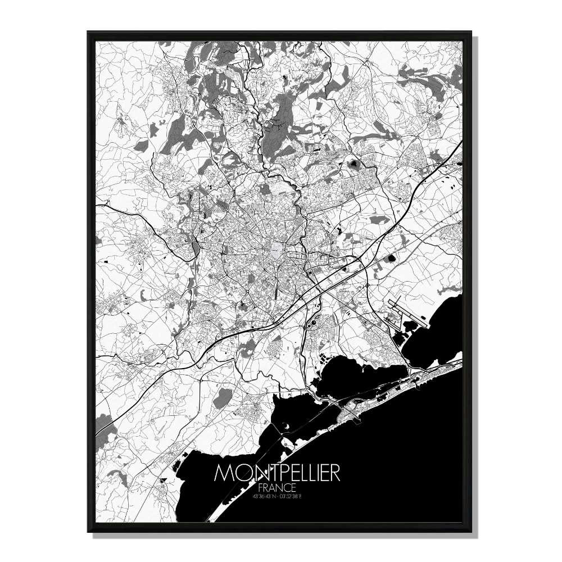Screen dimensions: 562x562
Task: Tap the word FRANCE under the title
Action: tap(277, 487)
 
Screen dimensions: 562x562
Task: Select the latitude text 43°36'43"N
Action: tap(262, 496)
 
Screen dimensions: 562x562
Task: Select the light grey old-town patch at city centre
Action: tap(275, 248)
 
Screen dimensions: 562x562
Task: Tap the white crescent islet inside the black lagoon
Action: tap(288, 429)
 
